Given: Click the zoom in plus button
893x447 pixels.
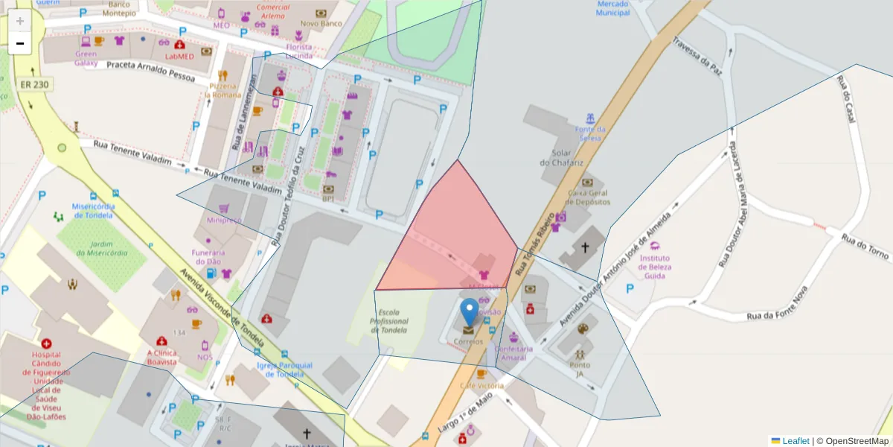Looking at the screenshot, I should (20, 21).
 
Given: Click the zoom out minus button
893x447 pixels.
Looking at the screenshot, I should (20, 43).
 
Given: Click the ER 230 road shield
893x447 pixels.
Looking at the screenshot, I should (34, 84).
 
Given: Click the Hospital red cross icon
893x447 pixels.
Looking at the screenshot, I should (47, 344).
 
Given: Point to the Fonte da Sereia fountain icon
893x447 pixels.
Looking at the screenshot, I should (590, 118).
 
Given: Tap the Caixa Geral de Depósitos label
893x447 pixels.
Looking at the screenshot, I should (589, 197).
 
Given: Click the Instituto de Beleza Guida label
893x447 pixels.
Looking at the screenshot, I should (654, 267).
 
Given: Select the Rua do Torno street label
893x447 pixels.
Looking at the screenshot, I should (865, 247).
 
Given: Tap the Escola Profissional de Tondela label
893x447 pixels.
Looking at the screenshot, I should (394, 321).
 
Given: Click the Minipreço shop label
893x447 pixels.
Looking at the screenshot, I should (224, 221).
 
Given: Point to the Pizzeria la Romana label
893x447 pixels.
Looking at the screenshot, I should (223, 90).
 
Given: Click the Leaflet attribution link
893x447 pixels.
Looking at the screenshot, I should (796, 441).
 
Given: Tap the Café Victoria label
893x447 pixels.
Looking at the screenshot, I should (481, 385).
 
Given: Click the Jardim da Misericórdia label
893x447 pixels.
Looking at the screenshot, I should (101, 248).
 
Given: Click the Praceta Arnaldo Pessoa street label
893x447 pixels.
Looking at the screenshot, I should (150, 71).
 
